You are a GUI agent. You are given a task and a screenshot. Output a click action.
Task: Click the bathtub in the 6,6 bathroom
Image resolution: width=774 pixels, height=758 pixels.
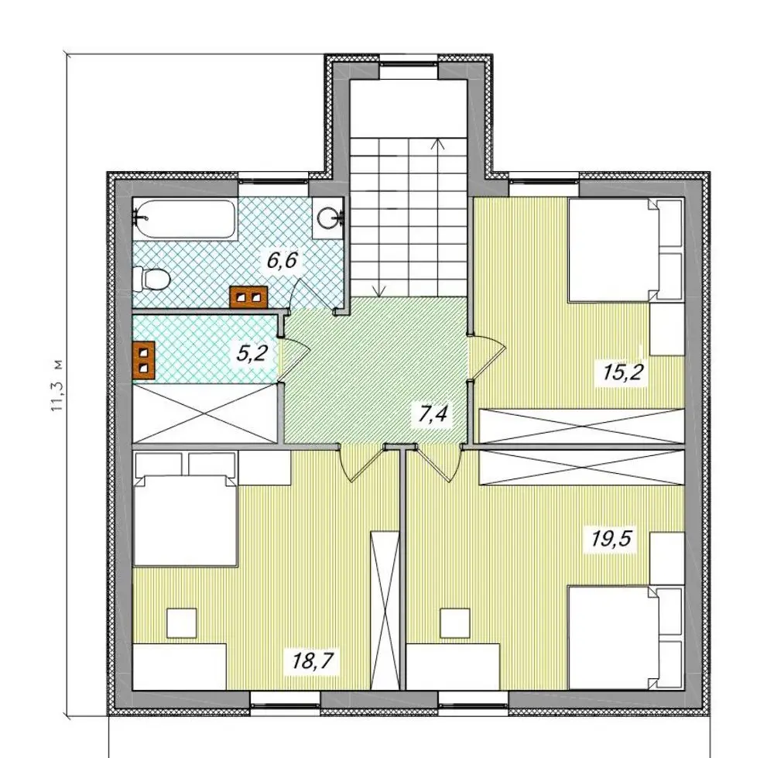tap(185, 220)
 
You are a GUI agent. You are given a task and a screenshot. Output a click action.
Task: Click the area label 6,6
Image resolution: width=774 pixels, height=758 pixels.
tap(282, 259)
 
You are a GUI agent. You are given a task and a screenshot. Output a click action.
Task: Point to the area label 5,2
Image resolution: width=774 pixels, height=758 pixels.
tap(252, 354)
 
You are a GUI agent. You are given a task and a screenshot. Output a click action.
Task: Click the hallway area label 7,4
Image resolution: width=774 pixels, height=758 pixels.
tap(433, 413)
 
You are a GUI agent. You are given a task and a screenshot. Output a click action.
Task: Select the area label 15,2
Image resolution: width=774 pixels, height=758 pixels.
tap(622, 372)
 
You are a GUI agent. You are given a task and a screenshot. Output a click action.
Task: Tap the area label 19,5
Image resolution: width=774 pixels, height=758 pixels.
tap(611, 539)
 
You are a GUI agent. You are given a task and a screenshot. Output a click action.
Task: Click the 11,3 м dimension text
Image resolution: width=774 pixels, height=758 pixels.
tap(58, 386)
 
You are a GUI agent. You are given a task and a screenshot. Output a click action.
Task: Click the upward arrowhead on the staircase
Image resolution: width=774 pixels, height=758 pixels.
tap(437, 143)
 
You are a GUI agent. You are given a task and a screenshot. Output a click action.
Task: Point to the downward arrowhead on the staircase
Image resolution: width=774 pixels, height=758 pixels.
tap(379, 291)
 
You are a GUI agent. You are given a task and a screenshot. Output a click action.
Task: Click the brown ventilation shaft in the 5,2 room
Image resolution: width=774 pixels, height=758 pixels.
tap(144, 361)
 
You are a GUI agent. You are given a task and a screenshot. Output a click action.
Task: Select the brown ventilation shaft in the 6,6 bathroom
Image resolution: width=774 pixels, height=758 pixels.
tap(248, 297)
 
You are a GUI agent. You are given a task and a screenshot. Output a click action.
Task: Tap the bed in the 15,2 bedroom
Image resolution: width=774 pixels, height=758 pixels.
tap(626, 250)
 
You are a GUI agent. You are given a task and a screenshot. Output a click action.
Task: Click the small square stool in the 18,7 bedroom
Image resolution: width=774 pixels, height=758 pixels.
tap(182, 623)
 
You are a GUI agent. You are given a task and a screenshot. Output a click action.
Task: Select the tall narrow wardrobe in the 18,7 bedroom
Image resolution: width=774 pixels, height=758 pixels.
tap(385, 610)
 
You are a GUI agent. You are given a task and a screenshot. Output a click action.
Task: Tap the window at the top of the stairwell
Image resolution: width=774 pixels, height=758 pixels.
tap(409, 70)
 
